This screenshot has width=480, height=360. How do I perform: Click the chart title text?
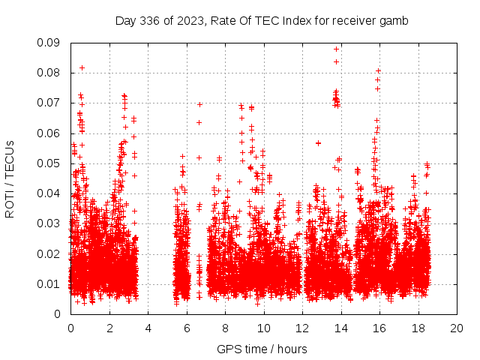(261, 21)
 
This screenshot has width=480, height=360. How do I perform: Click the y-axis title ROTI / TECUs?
(10, 178)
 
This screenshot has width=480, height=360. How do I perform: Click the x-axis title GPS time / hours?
(262, 349)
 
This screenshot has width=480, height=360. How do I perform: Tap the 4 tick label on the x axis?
(148, 328)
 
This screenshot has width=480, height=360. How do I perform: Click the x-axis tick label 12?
(302, 328)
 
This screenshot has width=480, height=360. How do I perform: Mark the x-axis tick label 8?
(225, 328)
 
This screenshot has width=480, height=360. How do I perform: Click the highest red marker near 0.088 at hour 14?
(337, 49)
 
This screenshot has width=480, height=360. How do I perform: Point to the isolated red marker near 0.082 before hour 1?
(82, 67)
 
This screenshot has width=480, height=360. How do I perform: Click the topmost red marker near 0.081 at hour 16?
(379, 70)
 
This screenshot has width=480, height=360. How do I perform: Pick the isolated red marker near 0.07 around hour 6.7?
(199, 104)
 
